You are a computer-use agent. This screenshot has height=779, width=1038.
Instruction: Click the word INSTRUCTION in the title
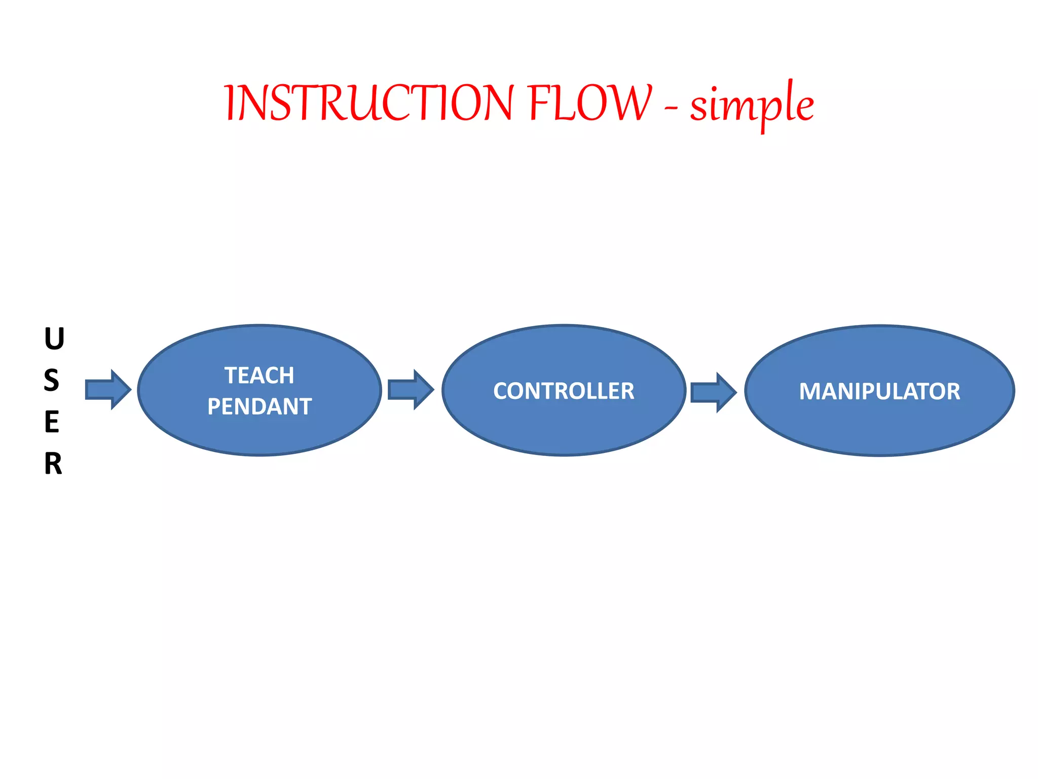point(369,103)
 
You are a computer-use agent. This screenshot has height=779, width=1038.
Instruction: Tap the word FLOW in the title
point(589,103)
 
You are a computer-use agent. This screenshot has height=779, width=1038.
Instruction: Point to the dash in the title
point(671,108)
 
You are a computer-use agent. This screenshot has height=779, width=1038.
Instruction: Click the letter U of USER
point(54,339)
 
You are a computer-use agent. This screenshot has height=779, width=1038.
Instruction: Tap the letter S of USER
point(52,380)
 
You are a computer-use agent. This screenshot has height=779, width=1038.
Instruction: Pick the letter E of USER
point(52,422)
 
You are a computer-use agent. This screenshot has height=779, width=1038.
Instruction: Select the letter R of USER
point(53,464)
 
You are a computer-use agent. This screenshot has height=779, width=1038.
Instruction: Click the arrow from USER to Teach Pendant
point(108,389)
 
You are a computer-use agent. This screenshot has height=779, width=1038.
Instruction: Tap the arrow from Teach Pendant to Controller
point(411,389)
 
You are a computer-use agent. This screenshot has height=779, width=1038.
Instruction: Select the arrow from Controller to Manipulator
point(713,392)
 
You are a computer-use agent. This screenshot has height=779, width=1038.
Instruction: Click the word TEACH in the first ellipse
point(259,376)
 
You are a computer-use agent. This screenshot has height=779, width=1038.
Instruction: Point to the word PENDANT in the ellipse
point(259,407)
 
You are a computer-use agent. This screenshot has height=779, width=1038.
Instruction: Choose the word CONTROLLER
point(564,391)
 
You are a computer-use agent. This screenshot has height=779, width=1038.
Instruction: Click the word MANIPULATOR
point(879,392)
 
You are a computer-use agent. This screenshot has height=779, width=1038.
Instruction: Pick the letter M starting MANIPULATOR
point(809,392)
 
